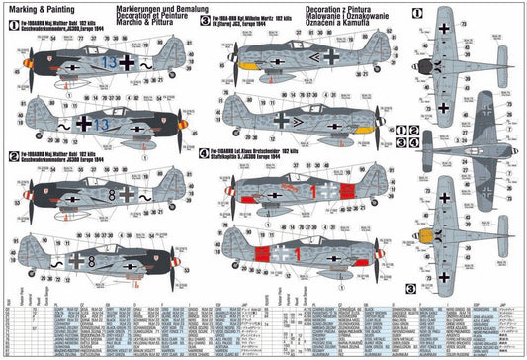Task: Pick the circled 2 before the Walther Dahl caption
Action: [11, 155]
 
